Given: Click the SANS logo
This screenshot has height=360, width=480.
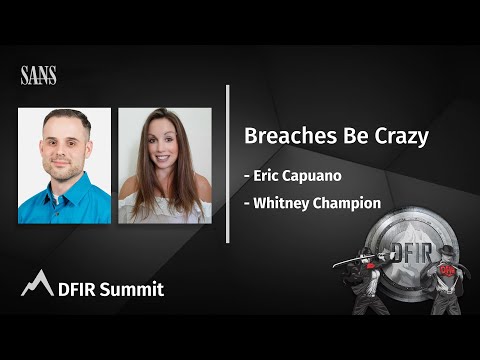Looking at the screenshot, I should pyautogui.click(x=38, y=75).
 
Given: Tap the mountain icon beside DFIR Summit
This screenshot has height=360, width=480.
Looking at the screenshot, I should pyautogui.click(x=36, y=284).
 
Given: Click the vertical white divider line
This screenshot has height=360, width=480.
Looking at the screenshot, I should pyautogui.click(x=228, y=164).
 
